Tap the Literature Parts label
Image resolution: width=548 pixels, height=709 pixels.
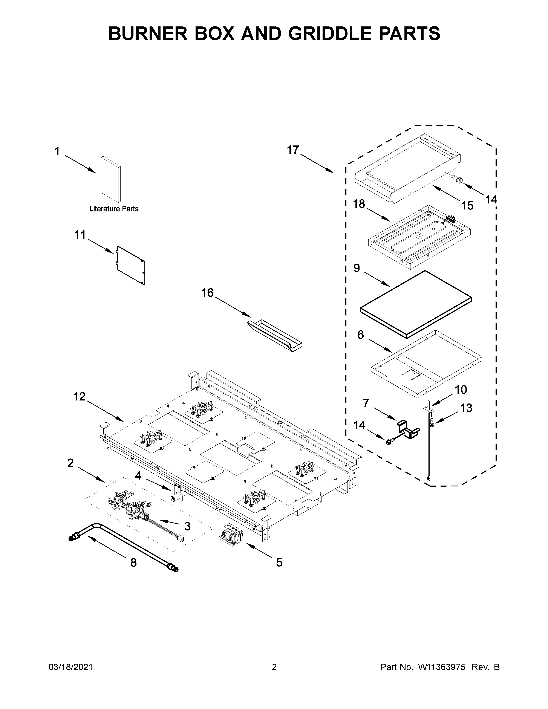click(x=114, y=209)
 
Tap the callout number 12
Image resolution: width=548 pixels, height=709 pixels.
click(x=79, y=396)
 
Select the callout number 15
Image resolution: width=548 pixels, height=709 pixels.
click(x=467, y=205)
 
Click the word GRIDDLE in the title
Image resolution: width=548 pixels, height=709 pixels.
click(x=331, y=34)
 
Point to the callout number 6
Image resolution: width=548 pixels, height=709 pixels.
click(x=361, y=335)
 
